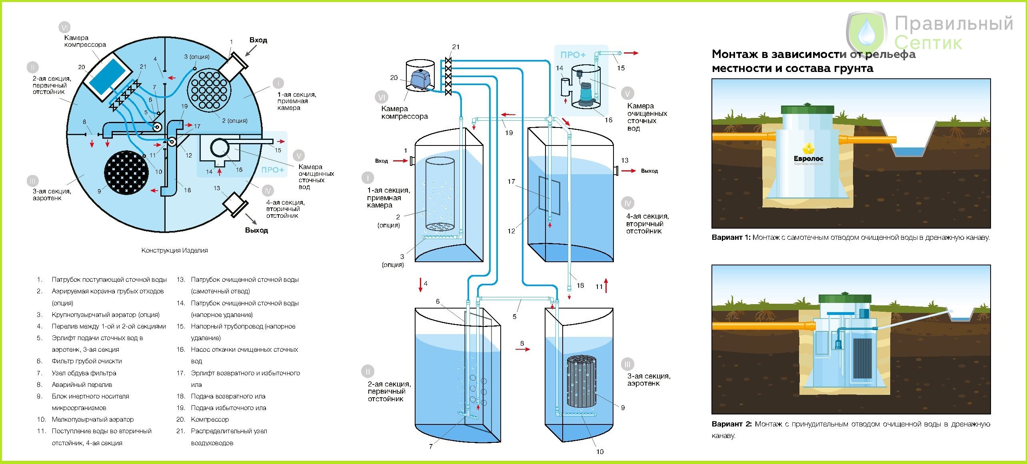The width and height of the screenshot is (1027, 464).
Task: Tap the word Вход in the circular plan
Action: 258,40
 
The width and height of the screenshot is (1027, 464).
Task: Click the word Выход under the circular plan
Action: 256,230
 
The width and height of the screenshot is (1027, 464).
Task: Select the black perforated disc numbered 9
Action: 126,173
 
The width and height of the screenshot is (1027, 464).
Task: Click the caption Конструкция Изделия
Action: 175,250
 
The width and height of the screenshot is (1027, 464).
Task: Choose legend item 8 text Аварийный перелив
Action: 82,384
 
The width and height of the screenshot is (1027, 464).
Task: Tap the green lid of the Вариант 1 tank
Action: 808,109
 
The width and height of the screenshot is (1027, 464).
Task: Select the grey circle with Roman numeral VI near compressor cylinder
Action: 382,97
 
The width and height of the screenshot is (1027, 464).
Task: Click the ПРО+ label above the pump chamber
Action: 573,55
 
